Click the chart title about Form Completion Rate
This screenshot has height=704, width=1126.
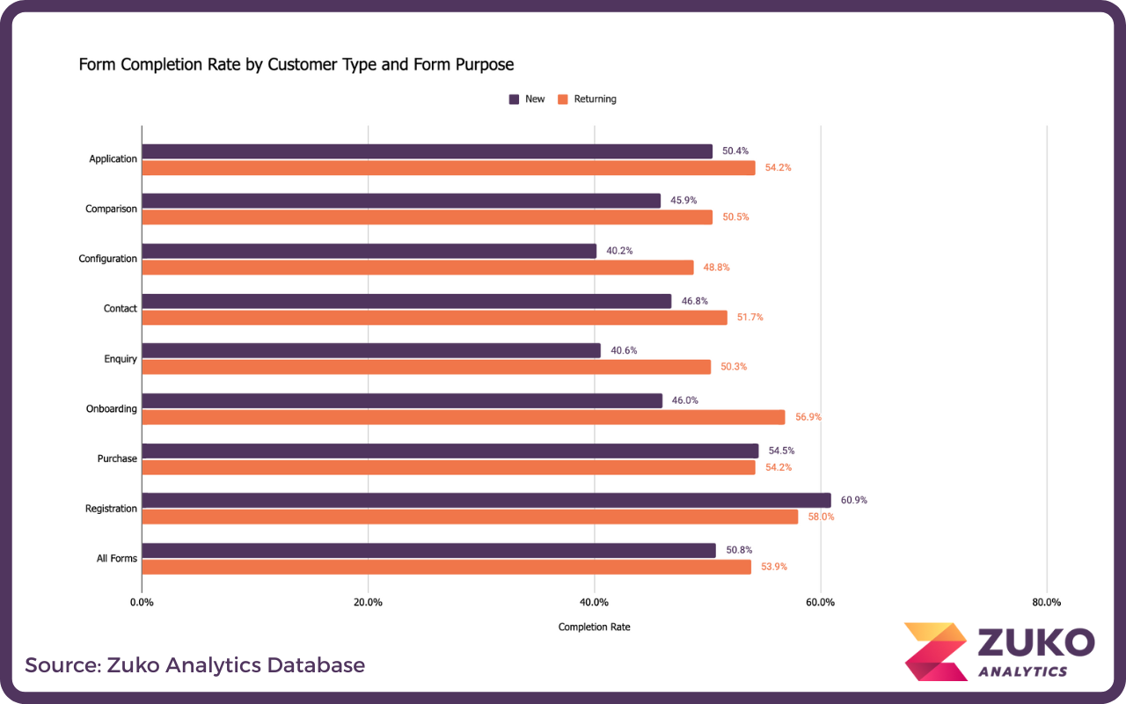(x=296, y=64)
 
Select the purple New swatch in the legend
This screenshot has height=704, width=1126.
(x=514, y=99)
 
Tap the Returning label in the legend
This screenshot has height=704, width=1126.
(x=595, y=99)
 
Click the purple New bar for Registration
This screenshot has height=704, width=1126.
(x=486, y=500)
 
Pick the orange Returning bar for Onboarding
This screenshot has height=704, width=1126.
(x=463, y=417)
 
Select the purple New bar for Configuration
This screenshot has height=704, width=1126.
(x=369, y=251)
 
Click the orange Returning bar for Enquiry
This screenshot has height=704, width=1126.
(x=426, y=367)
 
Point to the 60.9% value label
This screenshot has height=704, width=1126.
(x=853, y=500)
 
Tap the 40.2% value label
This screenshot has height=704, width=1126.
(x=619, y=251)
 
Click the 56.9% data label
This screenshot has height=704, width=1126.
(x=808, y=417)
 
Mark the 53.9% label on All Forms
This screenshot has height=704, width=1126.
(x=774, y=567)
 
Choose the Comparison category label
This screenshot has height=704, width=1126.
(x=111, y=209)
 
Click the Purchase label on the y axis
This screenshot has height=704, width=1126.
(x=117, y=458)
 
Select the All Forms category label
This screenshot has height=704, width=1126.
(x=116, y=559)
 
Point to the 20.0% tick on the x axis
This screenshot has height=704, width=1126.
(x=368, y=603)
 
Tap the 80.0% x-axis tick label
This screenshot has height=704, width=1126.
(x=1046, y=603)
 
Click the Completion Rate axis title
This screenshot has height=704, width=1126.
(x=594, y=627)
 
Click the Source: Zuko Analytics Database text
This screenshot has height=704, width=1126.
(x=194, y=664)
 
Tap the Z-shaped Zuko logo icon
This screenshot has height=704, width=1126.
(x=935, y=651)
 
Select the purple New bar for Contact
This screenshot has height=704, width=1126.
(x=406, y=301)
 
